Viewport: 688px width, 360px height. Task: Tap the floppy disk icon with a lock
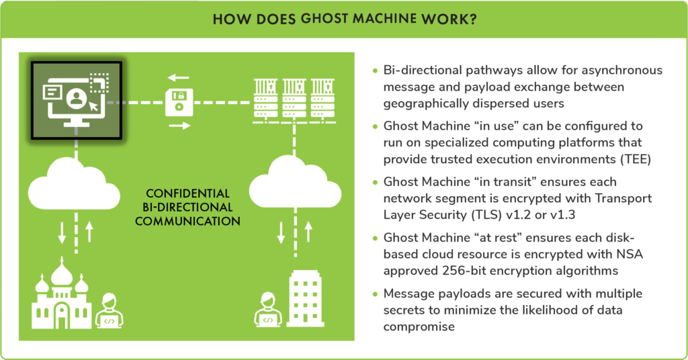tap(179, 102)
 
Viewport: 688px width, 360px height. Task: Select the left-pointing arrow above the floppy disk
tap(179, 78)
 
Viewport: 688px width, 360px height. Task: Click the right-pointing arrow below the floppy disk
tap(179, 126)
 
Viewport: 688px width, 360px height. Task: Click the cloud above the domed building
tap(74, 184)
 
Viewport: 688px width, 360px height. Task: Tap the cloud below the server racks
tap(295, 182)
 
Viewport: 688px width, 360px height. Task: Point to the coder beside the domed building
tap(109, 311)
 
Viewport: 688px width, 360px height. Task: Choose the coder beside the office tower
tap(267, 309)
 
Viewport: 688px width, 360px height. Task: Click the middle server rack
tap(294, 99)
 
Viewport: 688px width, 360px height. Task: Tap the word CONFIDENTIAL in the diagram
tap(187, 193)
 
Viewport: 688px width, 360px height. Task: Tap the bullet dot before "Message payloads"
tap(375, 294)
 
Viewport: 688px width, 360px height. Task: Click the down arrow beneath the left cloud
tap(62, 233)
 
